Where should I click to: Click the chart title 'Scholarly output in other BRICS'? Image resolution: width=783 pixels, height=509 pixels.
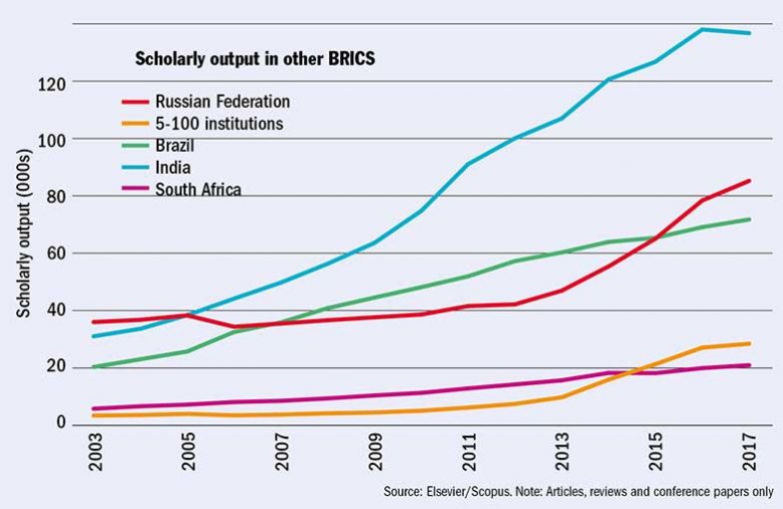[254, 59]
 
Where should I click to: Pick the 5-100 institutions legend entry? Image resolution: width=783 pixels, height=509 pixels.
[219, 124]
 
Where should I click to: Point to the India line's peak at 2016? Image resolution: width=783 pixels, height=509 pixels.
[702, 30]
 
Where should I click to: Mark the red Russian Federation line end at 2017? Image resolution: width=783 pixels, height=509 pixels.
[749, 181]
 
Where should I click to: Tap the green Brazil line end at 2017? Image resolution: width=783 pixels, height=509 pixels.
[749, 220]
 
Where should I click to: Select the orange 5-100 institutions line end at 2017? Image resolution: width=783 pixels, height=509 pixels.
[749, 343]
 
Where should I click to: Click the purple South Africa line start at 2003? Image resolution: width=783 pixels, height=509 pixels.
[92, 408]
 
